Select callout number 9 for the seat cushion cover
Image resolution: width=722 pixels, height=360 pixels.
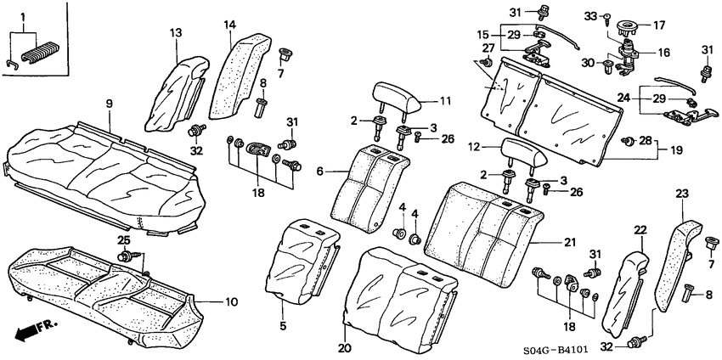tap(109, 104)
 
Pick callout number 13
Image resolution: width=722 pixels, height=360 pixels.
tap(175, 33)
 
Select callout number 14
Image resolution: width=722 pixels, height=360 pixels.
tap(229, 26)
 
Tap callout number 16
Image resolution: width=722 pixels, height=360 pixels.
tap(663, 53)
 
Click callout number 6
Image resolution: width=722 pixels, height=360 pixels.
tap(320, 171)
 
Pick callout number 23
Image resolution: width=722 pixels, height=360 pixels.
tap(680, 194)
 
